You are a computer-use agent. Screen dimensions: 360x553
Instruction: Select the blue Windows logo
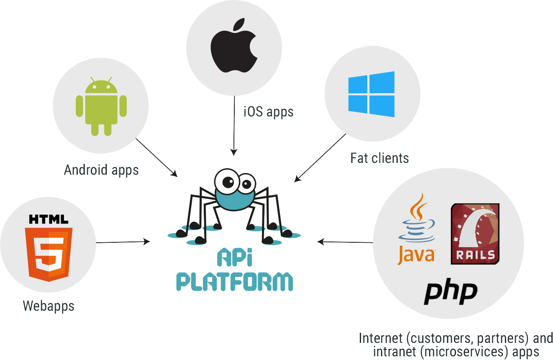371,94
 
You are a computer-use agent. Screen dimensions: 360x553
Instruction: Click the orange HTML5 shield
48,254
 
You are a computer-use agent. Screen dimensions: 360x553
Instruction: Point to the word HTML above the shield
48,220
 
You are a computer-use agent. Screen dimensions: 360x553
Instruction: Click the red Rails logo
475,234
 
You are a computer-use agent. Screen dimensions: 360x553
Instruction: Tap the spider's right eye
246,185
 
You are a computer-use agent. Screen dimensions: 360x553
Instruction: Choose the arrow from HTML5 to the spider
123,242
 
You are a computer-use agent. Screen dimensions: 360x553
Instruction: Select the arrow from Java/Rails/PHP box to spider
344,242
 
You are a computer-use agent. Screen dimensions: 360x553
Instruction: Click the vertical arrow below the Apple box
234,126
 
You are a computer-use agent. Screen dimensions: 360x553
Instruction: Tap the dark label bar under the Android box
101,171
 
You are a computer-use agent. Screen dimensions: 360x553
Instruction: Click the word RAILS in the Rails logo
475,255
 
